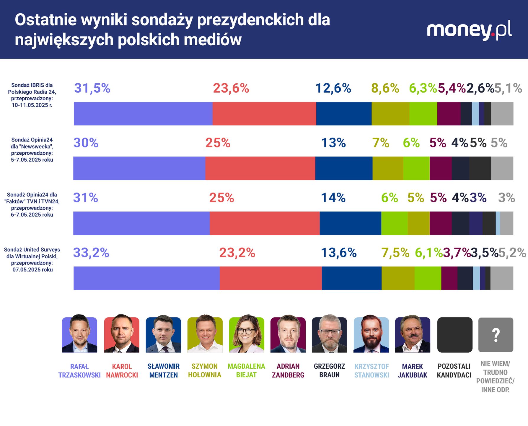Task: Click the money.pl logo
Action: (469, 30)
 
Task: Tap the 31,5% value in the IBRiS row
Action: (92, 88)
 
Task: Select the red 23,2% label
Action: (237, 253)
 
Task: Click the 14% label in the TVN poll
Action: (333, 198)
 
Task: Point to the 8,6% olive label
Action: (385, 88)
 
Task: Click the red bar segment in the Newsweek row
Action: (260, 168)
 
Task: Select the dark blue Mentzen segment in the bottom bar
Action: (351, 278)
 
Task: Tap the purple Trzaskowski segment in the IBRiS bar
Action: (143, 114)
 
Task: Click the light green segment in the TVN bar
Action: (394, 223)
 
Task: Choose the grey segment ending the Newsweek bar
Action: (502, 168)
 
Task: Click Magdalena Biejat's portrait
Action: (247, 335)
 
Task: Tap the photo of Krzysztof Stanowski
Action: (371, 335)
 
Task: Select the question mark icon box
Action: (496, 335)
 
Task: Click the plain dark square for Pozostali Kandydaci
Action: (454, 335)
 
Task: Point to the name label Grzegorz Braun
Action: (329, 371)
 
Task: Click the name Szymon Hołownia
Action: (205, 371)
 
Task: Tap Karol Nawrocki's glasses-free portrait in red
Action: (122, 335)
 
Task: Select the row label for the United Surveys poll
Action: (32, 259)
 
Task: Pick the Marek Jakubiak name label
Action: (412, 371)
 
